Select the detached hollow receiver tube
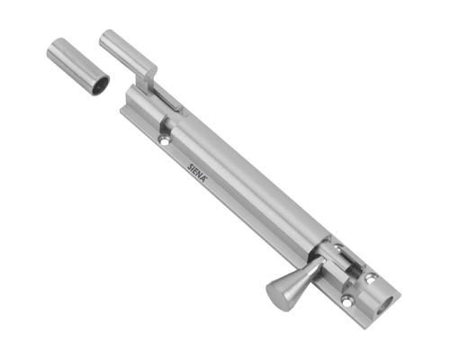[x=78, y=67]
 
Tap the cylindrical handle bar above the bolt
[x=126, y=52]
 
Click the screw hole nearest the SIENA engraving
[x=165, y=139]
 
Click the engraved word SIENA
[x=197, y=171]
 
